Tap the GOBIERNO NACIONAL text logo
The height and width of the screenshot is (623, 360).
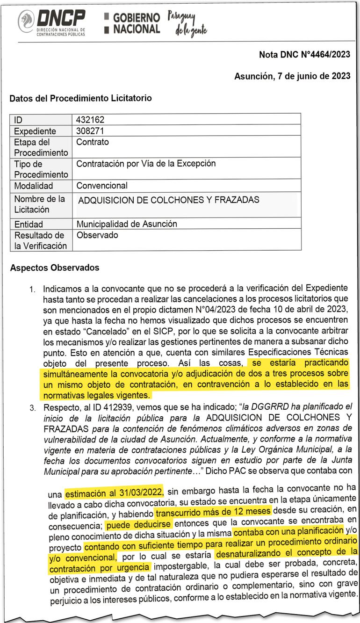(132, 23)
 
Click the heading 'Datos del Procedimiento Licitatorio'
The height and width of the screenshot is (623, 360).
(80, 99)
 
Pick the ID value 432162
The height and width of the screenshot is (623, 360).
(90, 120)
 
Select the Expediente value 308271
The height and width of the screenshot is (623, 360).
(90, 130)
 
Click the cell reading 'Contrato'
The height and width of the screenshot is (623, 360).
(93, 142)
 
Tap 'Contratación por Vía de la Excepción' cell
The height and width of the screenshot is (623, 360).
(146, 164)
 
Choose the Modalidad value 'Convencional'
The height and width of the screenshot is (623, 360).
(102, 186)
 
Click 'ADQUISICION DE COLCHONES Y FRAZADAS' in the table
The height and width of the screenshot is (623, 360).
(168, 200)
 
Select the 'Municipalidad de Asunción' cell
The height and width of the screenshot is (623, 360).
(127, 224)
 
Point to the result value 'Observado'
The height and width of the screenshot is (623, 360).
(97, 235)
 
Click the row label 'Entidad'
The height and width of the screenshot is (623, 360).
(28, 224)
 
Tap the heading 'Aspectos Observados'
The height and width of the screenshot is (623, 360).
(54, 268)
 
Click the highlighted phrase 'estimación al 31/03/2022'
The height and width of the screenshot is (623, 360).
(114, 492)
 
